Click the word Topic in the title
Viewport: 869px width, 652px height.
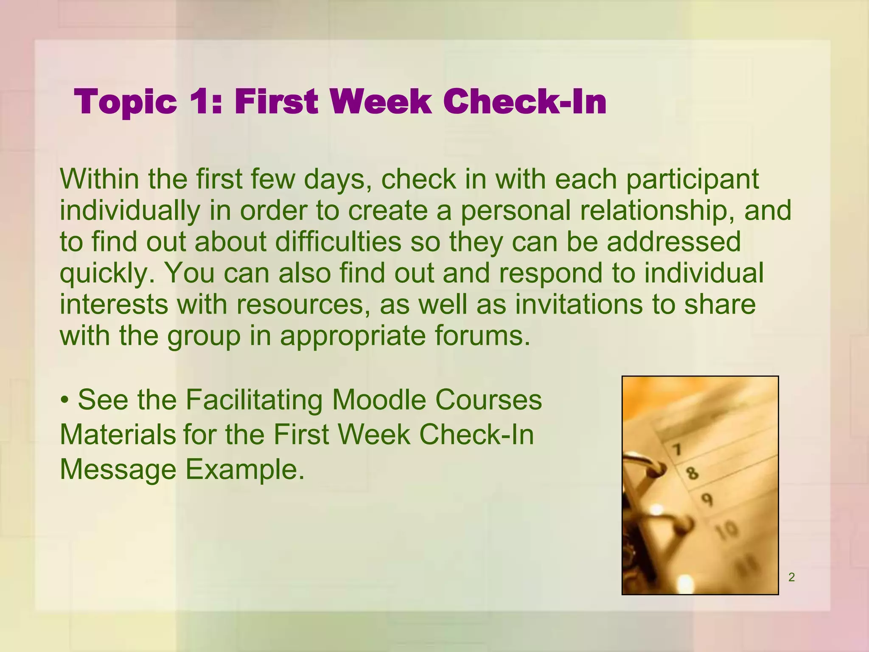pyautogui.click(x=126, y=103)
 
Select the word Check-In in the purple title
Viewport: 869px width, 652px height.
pyautogui.click(x=525, y=102)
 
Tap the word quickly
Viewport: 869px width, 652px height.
pyautogui.click(x=107, y=273)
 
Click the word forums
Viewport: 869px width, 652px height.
pyautogui.click(x=482, y=335)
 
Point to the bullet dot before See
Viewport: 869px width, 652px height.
pyautogui.click(x=64, y=400)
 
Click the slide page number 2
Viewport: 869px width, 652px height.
pyautogui.click(x=791, y=577)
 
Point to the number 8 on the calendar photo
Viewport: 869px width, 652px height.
pyautogui.click(x=692, y=472)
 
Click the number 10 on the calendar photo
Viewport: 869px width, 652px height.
pyautogui.click(x=726, y=531)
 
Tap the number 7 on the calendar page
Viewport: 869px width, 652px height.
pyautogui.click(x=677, y=449)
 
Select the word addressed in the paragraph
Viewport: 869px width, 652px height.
pyautogui.click(x=673, y=241)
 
